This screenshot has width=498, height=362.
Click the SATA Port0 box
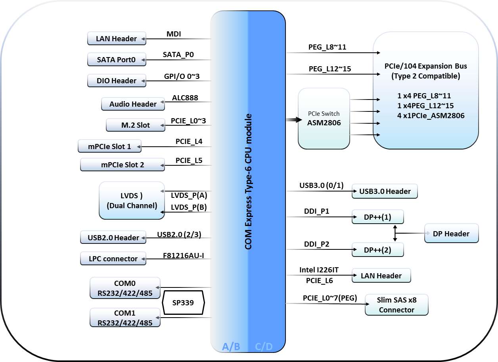click(116, 59)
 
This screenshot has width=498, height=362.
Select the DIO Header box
click(116, 80)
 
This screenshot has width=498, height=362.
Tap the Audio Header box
click(133, 104)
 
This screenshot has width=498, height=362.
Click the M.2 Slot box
click(135, 125)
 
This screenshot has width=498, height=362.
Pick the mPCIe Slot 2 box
click(122, 165)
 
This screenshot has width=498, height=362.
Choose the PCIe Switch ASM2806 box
click(324, 119)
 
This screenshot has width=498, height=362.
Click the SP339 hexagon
click(183, 303)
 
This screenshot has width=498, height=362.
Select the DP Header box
click(451, 234)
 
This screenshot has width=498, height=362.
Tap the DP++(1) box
click(377, 217)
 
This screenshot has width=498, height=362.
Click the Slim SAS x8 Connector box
click(396, 305)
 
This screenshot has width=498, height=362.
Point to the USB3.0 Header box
click(385, 191)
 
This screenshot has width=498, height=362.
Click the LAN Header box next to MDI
click(116, 38)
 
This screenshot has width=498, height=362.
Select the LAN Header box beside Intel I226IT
click(381, 276)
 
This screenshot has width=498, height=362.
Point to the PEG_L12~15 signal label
click(330, 69)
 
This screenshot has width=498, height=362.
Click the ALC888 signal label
click(185, 98)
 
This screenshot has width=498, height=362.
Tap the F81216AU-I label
click(184, 255)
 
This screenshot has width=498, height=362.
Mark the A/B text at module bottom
click(231, 347)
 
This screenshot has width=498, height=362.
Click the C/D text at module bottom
click(264, 347)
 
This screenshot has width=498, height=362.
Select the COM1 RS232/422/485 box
click(125, 318)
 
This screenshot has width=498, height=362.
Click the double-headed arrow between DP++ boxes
click(395, 234)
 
